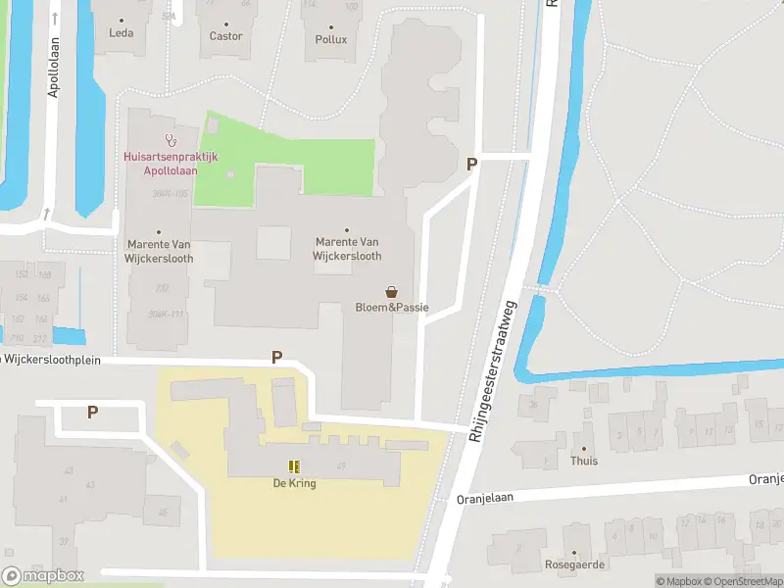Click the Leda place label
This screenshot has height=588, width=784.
tap(121, 32)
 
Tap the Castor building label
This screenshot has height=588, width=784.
tap(225, 36)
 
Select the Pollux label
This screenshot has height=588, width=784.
tap(330, 40)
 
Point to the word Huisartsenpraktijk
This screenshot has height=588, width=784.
tap(170, 157)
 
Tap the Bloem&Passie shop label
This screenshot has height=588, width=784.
tap(391, 308)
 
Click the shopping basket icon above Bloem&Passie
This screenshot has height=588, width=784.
tap(392, 292)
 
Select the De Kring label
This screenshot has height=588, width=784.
tap(294, 483)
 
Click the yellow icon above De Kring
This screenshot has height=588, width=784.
tap(294, 467)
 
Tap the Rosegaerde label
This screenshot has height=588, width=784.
tap(575, 564)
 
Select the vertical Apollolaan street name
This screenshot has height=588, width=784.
tap(53, 69)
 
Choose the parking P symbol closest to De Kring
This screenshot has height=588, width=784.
tap(276, 358)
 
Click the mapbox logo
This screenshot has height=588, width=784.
tap(43, 576)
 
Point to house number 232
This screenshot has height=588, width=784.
tap(162, 288)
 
